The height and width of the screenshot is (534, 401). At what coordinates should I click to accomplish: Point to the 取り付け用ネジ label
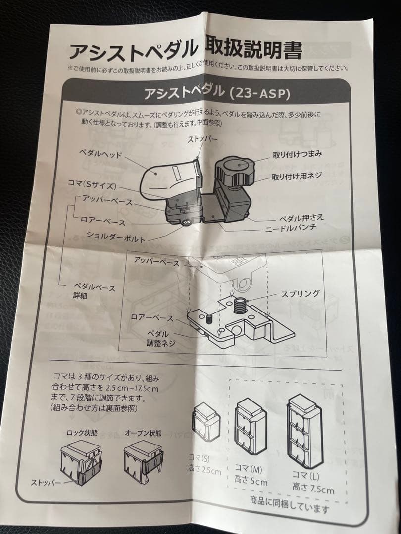point(297,177)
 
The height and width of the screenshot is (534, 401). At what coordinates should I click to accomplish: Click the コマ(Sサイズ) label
point(92,186)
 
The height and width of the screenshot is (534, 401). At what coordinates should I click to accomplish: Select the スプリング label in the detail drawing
point(300,293)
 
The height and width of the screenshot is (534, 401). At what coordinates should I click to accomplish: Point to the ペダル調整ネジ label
point(158,339)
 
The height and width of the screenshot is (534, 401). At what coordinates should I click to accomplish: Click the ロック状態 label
point(82,433)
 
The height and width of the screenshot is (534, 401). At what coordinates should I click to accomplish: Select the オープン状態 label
point(143,433)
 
